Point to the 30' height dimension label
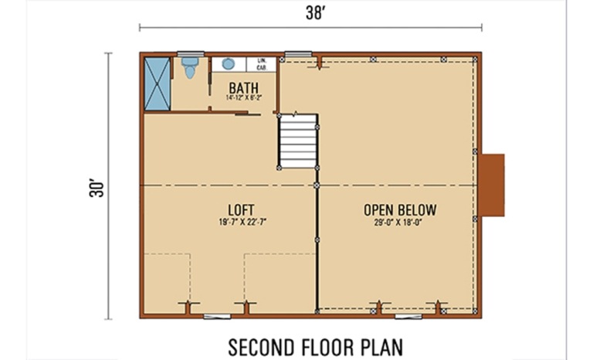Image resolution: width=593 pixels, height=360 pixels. pyautogui.click(x=95, y=187)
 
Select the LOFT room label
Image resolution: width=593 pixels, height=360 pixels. pyautogui.click(x=242, y=209)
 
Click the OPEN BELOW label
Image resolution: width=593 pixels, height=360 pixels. pyautogui.click(x=400, y=209)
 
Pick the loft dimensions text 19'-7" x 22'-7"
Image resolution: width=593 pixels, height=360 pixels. pyautogui.click(x=242, y=222)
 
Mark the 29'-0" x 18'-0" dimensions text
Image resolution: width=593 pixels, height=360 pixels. pyautogui.click(x=400, y=222)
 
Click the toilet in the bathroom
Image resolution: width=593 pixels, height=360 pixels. pyautogui.click(x=190, y=68)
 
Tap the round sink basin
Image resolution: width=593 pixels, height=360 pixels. pyautogui.click(x=229, y=63)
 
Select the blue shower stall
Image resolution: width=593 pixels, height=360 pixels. pyautogui.click(x=158, y=83)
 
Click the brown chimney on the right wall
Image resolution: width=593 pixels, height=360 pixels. pyautogui.click(x=492, y=185)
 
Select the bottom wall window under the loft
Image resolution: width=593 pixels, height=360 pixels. pyautogui.click(x=216, y=315)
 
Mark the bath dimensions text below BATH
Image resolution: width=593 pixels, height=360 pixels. pyautogui.click(x=244, y=98)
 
